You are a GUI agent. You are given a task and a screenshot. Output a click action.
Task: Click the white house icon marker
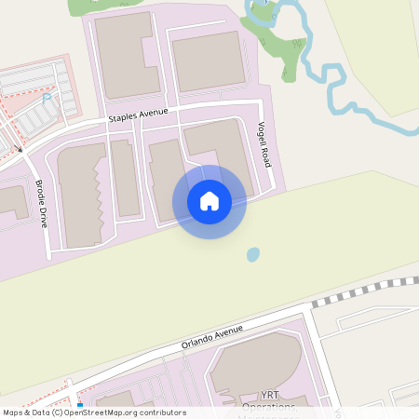[209, 201]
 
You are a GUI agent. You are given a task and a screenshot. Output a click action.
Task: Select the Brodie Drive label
[42, 204]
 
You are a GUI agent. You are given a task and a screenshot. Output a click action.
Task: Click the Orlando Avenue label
[212, 337]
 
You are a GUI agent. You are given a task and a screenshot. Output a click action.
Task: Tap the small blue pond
[252, 254]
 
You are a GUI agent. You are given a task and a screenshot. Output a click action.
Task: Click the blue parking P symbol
[47, 98]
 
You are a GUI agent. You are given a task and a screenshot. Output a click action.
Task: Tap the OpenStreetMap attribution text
[93, 412]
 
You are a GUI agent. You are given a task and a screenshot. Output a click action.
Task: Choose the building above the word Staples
[126, 56]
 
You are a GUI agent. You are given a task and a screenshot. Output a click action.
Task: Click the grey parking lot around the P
[33, 107]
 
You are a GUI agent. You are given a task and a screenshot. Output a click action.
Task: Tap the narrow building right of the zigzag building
[125, 177]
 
